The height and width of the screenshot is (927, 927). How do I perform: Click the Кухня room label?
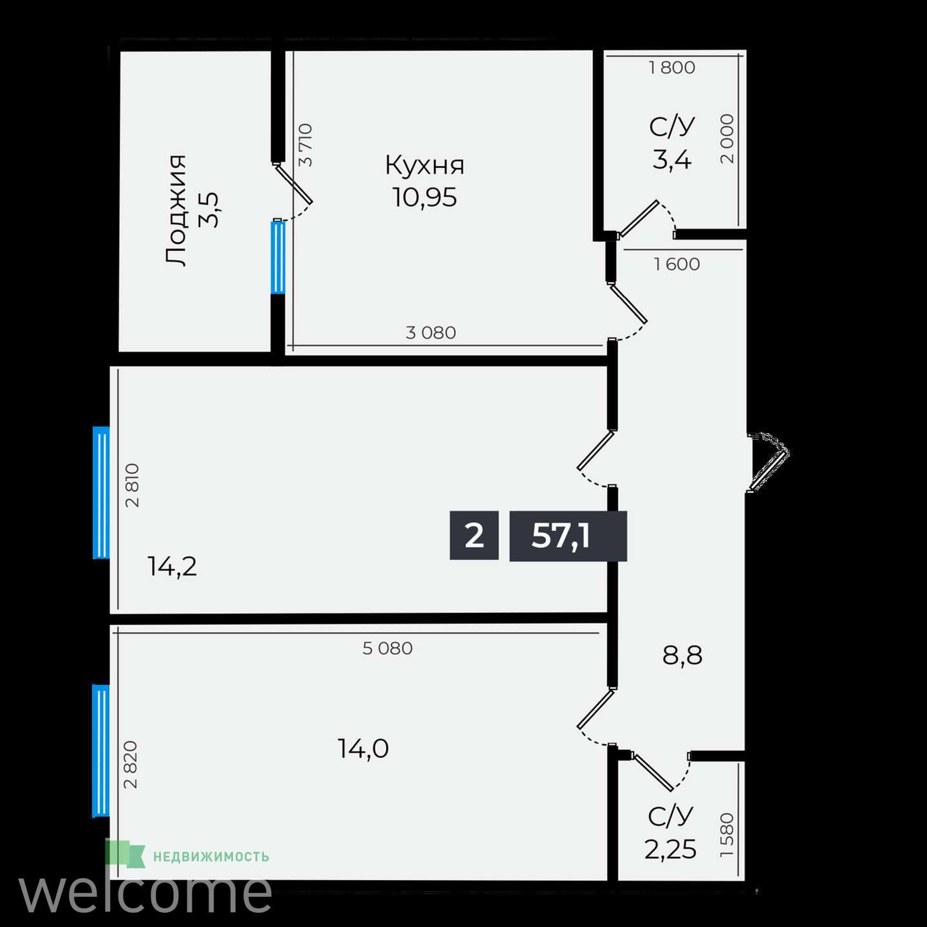(424, 165)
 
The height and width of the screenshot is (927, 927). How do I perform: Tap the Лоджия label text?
(175, 211)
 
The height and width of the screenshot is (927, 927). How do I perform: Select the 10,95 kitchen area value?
(424, 197)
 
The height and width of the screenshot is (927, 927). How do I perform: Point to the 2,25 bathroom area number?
(670, 849)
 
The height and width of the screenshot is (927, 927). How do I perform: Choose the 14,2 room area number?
(173, 566)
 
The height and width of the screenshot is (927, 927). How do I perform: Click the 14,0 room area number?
(362, 749)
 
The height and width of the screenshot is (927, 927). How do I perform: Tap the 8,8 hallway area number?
(682, 655)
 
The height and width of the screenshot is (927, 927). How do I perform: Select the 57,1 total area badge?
(568, 536)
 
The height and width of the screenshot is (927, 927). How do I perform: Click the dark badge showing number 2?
(474, 536)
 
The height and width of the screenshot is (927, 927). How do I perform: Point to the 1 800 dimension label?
(671, 68)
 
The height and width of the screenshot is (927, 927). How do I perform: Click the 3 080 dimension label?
(431, 332)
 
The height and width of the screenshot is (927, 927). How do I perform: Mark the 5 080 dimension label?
(388, 648)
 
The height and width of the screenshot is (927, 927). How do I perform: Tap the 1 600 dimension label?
(677, 264)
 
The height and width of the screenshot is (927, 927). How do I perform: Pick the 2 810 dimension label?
(132, 485)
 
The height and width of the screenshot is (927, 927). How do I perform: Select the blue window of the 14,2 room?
(101, 492)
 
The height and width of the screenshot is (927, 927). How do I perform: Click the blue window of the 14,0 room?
(100, 751)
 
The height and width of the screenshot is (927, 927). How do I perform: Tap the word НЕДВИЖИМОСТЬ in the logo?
(211, 857)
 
